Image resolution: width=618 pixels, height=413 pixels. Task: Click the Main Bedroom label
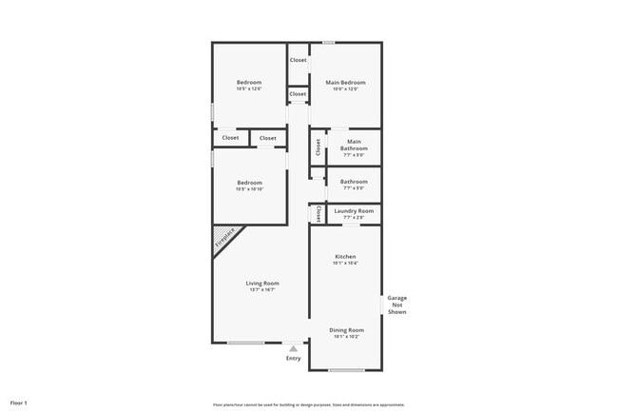pos(346,83)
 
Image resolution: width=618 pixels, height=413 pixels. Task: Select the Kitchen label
pos(344,257)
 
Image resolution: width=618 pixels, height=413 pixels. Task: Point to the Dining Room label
pos(346,329)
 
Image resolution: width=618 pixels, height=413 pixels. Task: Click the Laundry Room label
pos(353,210)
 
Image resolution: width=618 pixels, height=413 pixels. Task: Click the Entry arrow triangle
pos(294,348)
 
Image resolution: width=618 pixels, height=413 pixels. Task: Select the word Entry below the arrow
pos(294,358)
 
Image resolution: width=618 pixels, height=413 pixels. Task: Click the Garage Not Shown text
pos(397,305)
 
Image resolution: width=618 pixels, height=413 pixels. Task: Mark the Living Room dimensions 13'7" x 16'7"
pos(261,291)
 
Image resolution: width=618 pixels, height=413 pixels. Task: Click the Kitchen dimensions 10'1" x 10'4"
pos(344,264)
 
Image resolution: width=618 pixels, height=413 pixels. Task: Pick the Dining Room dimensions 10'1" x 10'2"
pos(346,336)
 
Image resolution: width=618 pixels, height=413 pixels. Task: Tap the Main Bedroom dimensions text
pos(346,89)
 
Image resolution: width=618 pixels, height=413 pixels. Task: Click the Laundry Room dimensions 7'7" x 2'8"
pos(353,217)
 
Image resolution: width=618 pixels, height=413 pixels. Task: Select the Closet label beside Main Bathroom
pos(318,147)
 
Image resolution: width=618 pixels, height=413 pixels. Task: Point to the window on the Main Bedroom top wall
pos(328,42)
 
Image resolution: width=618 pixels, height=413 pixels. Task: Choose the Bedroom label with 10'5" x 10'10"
pos(249,182)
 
